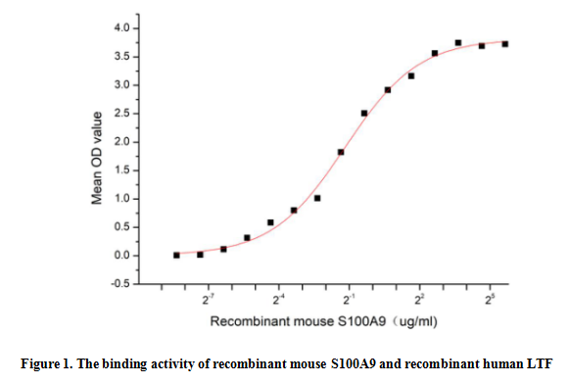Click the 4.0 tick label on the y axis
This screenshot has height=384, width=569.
[119, 28]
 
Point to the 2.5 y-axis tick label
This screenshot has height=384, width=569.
[119, 114]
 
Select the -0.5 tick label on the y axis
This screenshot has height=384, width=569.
[119, 284]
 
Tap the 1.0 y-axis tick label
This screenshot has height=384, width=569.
[119, 199]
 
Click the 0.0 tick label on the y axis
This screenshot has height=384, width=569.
[119, 256]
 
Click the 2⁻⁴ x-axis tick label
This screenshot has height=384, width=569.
[278, 299]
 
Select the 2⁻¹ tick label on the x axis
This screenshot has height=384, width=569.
[349, 299]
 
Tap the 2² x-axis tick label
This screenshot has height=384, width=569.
[419, 299]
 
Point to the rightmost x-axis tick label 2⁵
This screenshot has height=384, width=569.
[490, 299]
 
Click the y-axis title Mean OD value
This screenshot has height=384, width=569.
[97, 157]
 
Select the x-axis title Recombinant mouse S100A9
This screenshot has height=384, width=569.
[311, 320]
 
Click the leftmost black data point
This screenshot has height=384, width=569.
[176, 255]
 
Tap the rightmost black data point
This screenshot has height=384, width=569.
[505, 44]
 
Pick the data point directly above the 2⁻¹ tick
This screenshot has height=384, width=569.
[341, 152]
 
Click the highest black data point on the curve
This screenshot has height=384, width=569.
[458, 43]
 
